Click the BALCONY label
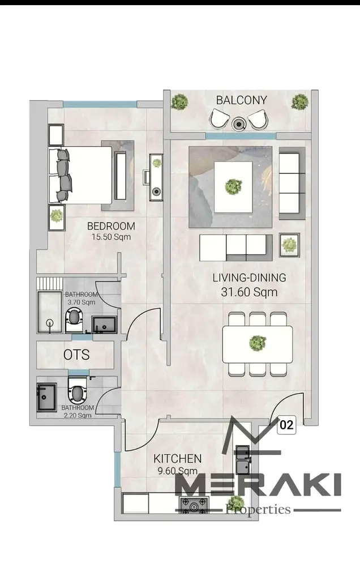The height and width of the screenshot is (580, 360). tap(241, 100)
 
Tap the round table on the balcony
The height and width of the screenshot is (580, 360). tap(239, 124)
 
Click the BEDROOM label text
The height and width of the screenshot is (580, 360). tap(111, 226)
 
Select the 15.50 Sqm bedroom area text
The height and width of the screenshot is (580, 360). tap(111, 237)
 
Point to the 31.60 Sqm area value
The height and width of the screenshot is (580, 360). tap(249, 292)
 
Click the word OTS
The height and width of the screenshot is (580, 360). tap(76, 355)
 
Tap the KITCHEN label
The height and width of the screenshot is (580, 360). tap(177, 459)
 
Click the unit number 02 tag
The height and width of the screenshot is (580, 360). tap(286, 425)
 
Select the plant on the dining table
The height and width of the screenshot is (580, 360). tap(257, 343)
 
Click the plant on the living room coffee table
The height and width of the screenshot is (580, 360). tap(233, 186)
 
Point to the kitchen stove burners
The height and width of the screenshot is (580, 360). tap(194, 505)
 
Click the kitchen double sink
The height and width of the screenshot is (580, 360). tap(243, 460)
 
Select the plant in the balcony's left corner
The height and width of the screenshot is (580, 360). tap(179, 101)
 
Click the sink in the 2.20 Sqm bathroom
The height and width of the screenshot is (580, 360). tap(46, 397)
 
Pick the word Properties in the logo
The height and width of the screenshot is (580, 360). tap(258, 510)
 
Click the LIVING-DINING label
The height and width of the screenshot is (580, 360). tap(249, 278)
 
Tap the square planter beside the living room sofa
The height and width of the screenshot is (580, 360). tap(289, 245)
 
